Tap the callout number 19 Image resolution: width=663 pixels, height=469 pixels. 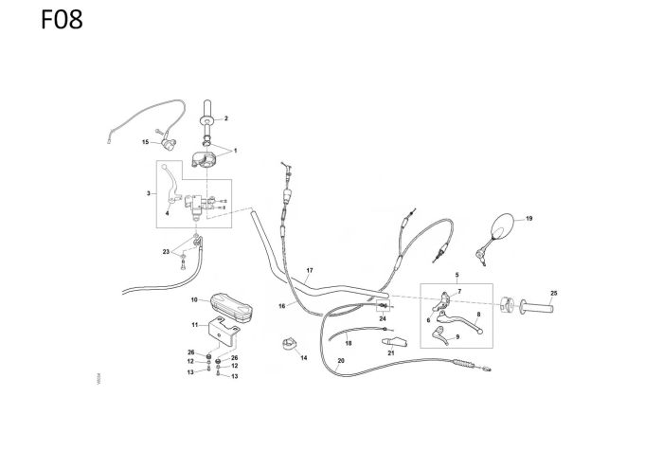pyautogui.click(x=529, y=219)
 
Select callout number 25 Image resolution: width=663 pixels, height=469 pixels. pyautogui.click(x=554, y=292)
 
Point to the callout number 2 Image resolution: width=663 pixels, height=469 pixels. pyautogui.click(x=225, y=120)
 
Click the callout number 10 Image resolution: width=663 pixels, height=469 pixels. pyautogui.click(x=193, y=300)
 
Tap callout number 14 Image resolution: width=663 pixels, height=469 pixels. pyautogui.click(x=304, y=358)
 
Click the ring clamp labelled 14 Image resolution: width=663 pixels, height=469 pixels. pyautogui.click(x=288, y=343)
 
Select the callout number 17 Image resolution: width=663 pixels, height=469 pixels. pyautogui.click(x=310, y=271)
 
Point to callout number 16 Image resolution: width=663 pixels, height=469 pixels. pyautogui.click(x=282, y=306)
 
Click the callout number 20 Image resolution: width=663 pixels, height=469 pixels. pyautogui.click(x=341, y=360)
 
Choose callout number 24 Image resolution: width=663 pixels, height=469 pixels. pyautogui.click(x=383, y=318)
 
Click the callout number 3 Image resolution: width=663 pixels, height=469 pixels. pyautogui.click(x=148, y=193)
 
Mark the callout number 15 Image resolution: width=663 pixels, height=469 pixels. pyautogui.click(x=146, y=142)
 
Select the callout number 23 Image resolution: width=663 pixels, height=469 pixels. pyautogui.click(x=165, y=251)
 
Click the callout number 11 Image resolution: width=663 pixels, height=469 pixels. pyautogui.click(x=194, y=325)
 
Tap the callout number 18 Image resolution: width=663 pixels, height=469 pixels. pyautogui.click(x=349, y=343)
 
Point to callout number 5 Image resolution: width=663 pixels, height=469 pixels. pyautogui.click(x=457, y=274)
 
